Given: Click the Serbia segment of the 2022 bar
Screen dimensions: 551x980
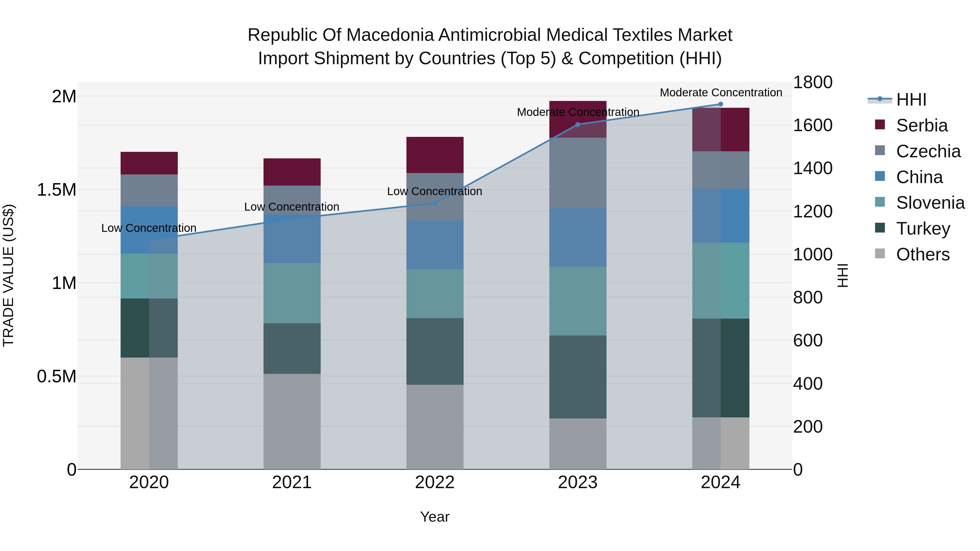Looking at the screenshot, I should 435,155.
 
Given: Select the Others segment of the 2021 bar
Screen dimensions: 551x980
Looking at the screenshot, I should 292,421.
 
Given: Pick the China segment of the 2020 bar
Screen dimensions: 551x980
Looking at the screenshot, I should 149,230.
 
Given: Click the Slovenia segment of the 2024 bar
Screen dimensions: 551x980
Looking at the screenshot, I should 721,280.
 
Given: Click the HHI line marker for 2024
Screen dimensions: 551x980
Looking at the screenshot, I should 721,104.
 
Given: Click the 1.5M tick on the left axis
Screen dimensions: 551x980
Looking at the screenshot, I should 57,190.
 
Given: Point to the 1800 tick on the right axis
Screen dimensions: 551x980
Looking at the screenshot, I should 813,82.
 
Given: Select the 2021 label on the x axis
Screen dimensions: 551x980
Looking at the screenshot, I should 292,482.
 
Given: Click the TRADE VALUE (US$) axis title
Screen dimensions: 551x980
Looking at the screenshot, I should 8,275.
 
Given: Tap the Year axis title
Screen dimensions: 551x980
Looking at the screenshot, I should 434,517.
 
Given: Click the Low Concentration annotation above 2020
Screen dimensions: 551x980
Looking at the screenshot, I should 149,228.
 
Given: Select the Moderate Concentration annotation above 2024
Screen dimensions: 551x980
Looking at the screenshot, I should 721,93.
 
